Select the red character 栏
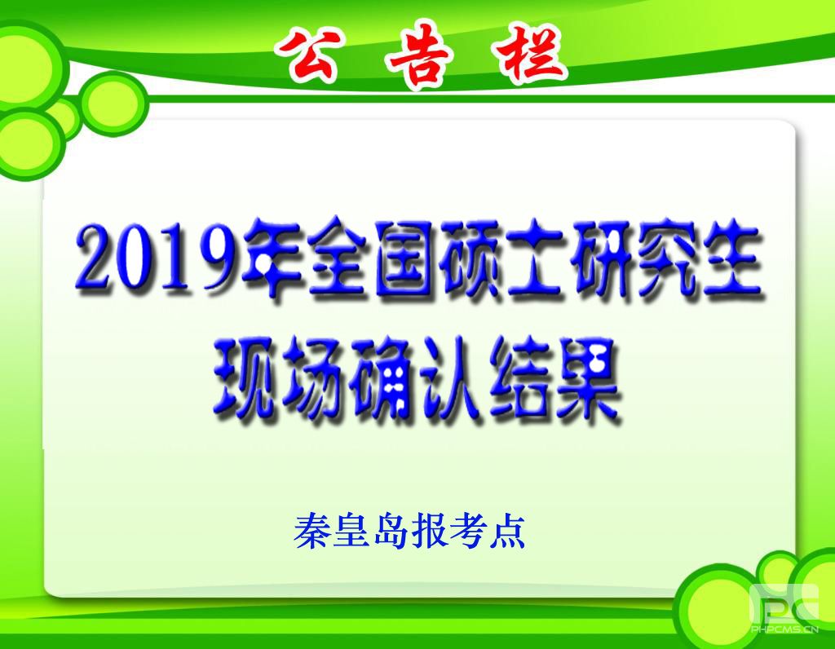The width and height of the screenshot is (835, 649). point(530,55)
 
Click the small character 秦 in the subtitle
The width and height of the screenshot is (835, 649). point(311,531)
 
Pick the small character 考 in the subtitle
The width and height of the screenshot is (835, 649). point(468,531)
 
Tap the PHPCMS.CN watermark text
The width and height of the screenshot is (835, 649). point(784,629)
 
